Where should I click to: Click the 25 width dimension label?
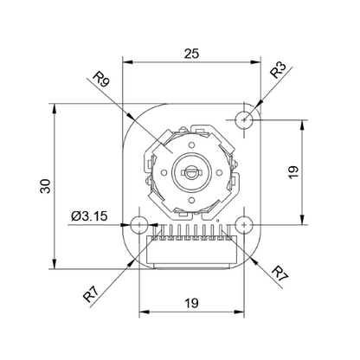192,54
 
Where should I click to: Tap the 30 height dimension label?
46,186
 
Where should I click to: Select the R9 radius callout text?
101,79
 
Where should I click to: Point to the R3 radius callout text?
278,70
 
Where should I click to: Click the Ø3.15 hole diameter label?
89,215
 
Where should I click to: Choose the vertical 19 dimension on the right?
293,172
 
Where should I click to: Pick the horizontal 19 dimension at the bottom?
191,303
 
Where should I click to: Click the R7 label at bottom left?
91,295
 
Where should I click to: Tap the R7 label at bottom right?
280,274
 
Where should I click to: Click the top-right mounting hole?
244,119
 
